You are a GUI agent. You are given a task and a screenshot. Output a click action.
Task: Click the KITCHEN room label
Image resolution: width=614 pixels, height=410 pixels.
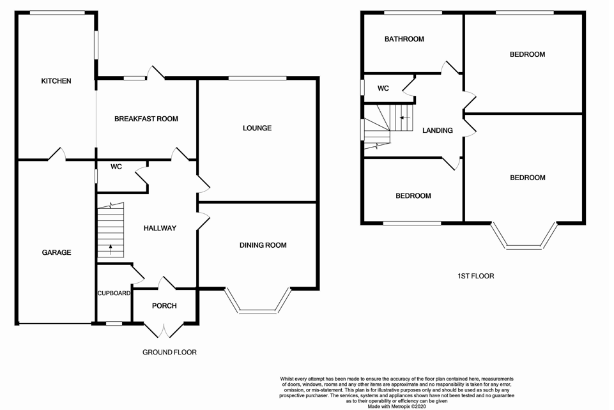tap(56, 81)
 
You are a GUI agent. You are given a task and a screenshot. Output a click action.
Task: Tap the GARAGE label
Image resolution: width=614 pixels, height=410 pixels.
tap(56, 253)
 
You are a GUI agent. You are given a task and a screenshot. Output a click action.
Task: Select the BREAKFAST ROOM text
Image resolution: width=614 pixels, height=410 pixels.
tap(146, 119)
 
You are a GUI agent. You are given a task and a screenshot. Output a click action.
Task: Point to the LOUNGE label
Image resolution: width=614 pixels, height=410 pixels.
tap(257, 128)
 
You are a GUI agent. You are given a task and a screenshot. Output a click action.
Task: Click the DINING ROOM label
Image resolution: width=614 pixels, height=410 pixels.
tap(263, 245)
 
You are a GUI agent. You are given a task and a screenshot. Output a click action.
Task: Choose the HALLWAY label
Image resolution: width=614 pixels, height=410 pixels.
tap(160, 228)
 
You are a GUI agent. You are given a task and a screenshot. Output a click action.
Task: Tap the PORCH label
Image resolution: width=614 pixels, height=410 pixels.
tap(164, 306)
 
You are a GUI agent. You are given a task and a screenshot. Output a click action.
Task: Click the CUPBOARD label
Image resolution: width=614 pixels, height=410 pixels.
tap(114, 293)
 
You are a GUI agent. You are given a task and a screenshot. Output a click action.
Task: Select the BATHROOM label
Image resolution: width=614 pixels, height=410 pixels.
tap(404, 39)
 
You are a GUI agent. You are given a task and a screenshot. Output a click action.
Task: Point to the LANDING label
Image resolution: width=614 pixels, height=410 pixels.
tap(438, 131)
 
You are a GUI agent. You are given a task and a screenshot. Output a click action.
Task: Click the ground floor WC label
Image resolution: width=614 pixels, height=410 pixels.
tap(116, 167)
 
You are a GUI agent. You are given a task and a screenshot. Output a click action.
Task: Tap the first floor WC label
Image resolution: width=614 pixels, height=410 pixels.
tap(383, 88)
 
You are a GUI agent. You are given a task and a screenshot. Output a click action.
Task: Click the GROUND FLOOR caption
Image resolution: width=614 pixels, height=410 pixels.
tap(169, 353)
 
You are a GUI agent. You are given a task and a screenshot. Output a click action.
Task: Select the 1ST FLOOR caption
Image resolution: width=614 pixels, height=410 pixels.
tap(476, 276)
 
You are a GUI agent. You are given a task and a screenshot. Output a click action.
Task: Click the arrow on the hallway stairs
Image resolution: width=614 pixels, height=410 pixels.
tap(111, 249)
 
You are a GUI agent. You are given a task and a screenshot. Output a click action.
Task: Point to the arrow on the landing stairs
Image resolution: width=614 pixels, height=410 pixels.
tap(404, 118)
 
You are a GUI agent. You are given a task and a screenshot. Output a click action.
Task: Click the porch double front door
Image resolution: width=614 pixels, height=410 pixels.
tap(164, 331)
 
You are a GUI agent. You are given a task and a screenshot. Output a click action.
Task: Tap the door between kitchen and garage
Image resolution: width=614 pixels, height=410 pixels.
tap(57, 154)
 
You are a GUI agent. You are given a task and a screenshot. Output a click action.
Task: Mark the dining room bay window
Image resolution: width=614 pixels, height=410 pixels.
tap(258, 301)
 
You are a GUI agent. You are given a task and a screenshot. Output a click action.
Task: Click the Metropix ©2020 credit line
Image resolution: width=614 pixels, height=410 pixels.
tap(397, 406)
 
